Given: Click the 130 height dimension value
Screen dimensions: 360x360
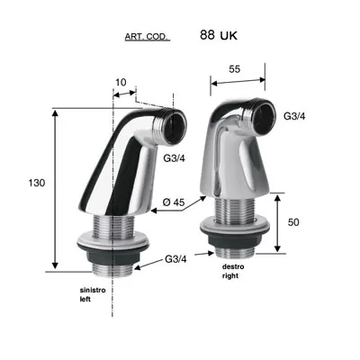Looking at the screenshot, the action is pos(37,183).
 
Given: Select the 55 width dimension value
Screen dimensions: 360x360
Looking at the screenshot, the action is pos(235,69).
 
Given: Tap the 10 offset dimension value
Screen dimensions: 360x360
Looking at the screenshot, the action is pos(121,82).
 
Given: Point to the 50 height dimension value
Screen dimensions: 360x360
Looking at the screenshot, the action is pos(293,222).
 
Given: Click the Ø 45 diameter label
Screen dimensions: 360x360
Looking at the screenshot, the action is pos(174,202).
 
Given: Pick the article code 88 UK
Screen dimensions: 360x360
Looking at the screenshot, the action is pos(219,35).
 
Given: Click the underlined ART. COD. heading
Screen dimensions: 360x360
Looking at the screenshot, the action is pos(146,37).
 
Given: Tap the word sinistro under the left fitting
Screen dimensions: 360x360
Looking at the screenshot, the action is pos(93,291).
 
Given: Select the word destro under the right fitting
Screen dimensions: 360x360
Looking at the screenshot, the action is pos(233,266).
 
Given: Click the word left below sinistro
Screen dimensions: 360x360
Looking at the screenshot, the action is pos(85,300).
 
